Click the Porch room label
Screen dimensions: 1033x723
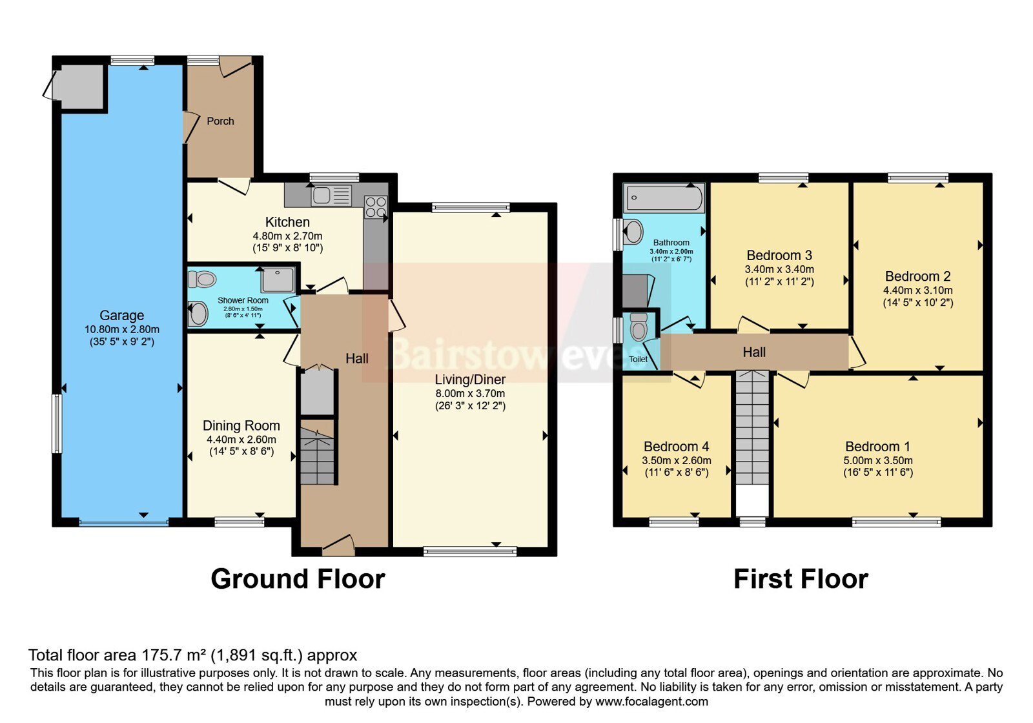tap(220, 121)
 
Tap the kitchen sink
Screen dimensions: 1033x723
tap(331, 196)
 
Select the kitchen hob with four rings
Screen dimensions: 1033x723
tap(376, 207)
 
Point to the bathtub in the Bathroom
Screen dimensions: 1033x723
tap(664, 198)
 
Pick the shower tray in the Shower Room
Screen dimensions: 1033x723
tap(278, 280)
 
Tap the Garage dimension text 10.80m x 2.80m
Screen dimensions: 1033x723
tap(122, 330)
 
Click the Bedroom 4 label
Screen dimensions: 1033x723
tap(676, 446)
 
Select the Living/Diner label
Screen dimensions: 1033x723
tap(471, 380)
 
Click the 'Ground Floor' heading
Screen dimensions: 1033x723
tap(298, 578)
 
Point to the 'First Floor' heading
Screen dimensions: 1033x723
tap(801, 579)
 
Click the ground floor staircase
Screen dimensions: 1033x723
tap(317, 456)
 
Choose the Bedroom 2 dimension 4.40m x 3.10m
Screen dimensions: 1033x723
tap(917, 290)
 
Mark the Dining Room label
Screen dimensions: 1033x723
tap(241, 425)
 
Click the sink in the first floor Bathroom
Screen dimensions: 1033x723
tap(633, 231)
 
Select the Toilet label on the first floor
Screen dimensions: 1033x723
tap(639, 359)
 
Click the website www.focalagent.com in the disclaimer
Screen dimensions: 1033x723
tap(651, 702)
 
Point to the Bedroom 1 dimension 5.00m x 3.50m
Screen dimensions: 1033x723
tap(878, 461)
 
